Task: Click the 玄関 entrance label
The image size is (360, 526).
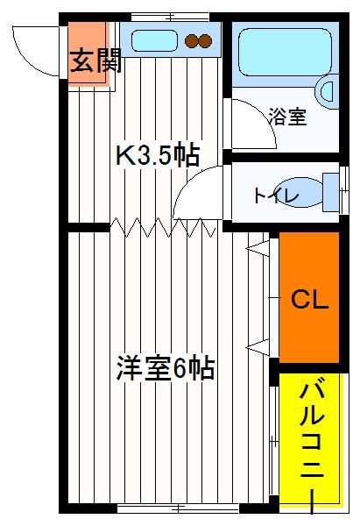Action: coord(95,61)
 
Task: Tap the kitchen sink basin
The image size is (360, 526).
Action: coord(154,40)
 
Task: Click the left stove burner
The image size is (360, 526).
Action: coord(192,41)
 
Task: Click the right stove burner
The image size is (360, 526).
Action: coord(205,41)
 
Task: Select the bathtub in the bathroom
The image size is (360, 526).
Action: coord(286,52)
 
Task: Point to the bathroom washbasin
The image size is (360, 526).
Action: coord(327,91)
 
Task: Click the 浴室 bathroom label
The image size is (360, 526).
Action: coord(288,117)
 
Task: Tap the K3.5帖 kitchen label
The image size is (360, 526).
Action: coord(158,155)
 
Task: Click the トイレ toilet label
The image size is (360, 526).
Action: coord(276,195)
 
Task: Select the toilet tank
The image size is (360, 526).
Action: coord(331,192)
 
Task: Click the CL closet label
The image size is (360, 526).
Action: coord(309,300)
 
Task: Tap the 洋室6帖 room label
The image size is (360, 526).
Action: coord(166,368)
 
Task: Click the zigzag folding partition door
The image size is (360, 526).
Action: coord(163,227)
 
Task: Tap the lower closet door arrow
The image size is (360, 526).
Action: coord(258,347)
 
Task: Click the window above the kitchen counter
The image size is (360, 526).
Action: coord(170,17)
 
